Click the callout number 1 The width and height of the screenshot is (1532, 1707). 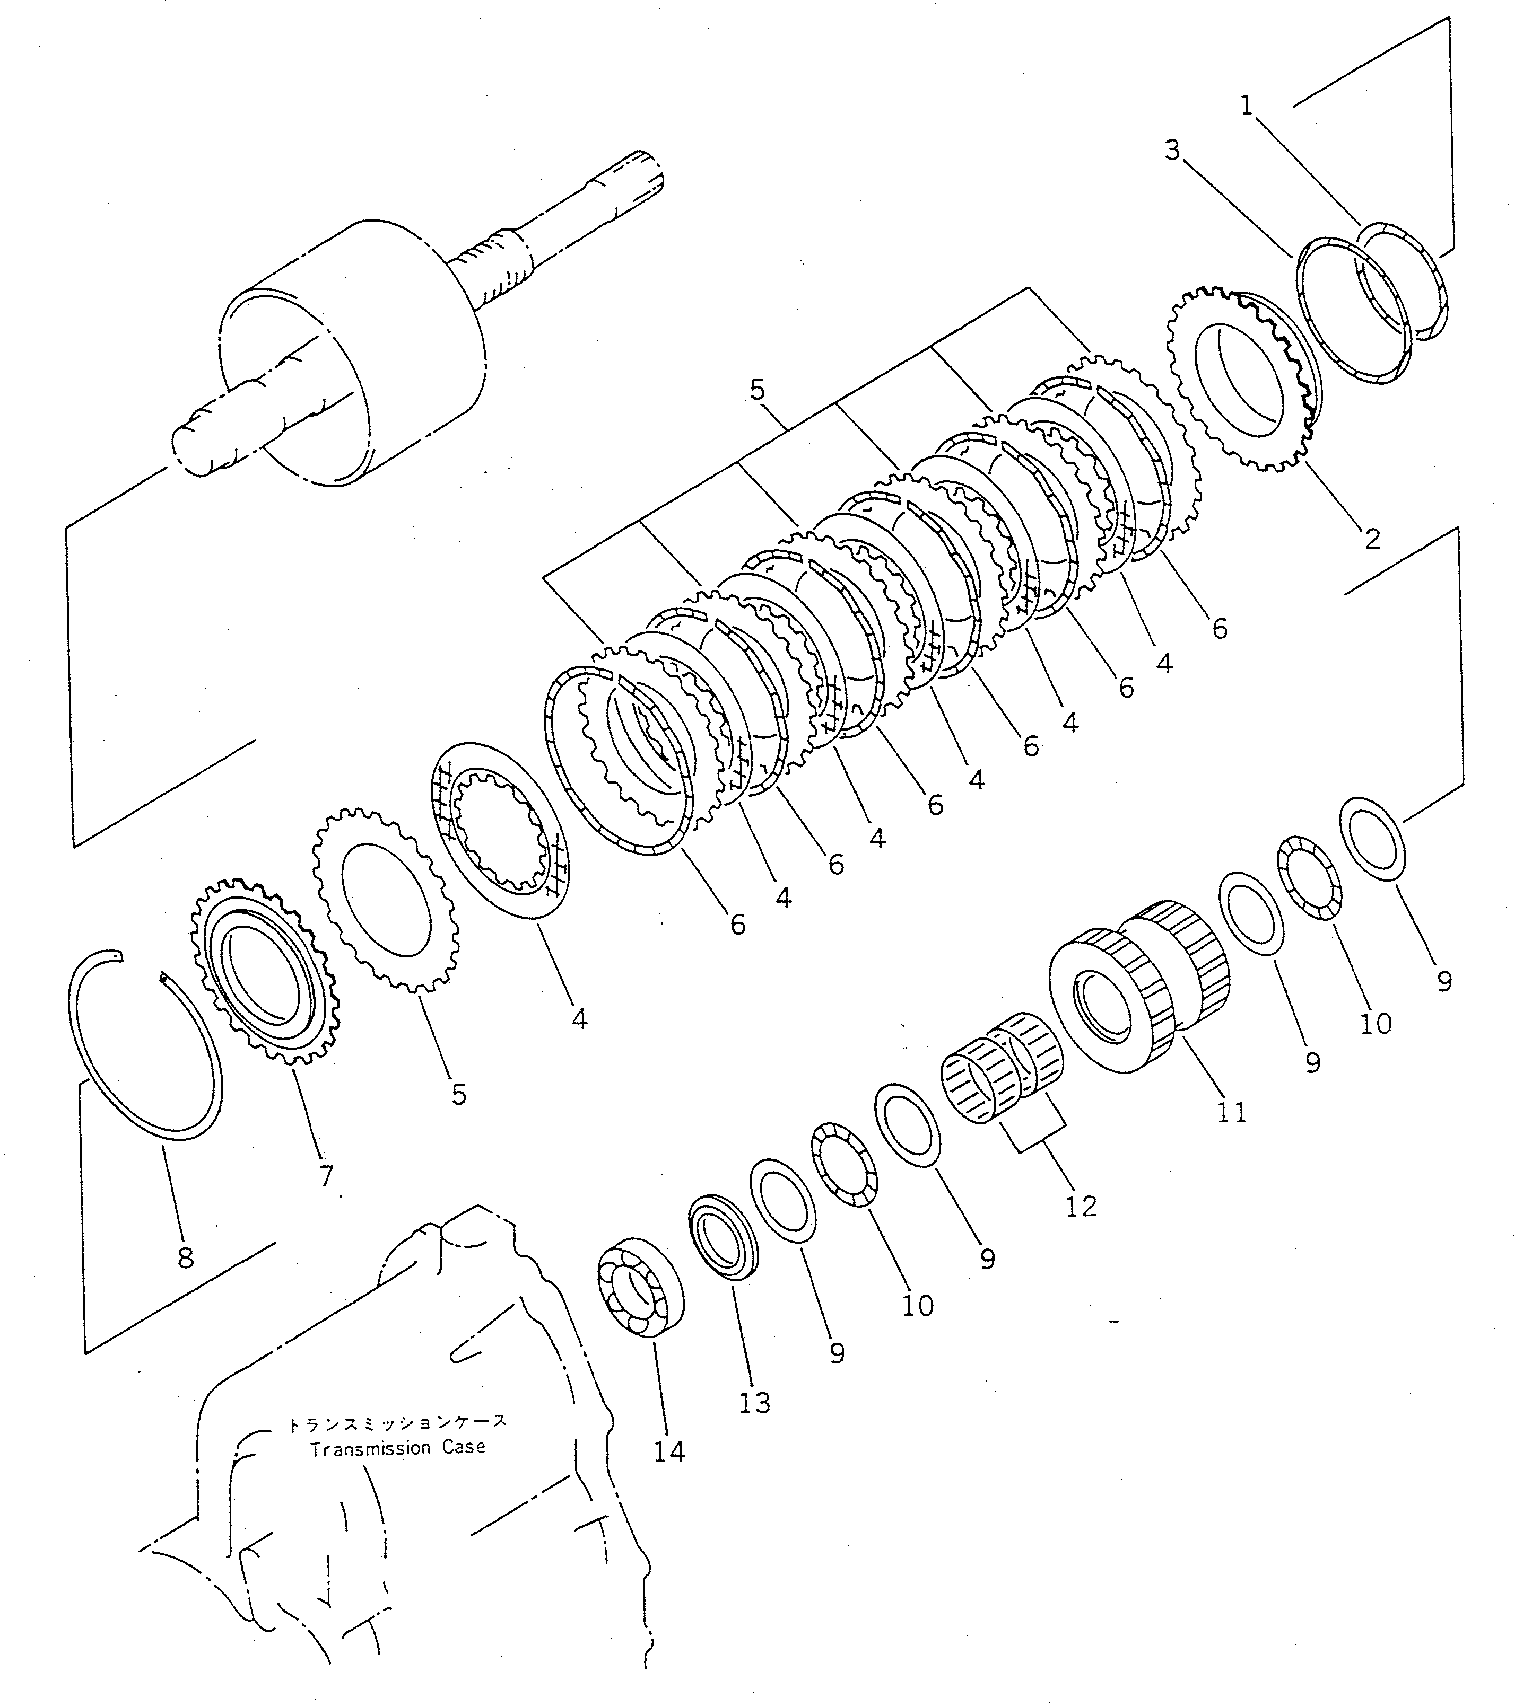point(1247,106)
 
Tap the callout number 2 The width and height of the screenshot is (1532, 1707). point(1373,539)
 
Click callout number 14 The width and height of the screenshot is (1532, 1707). point(669,1451)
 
